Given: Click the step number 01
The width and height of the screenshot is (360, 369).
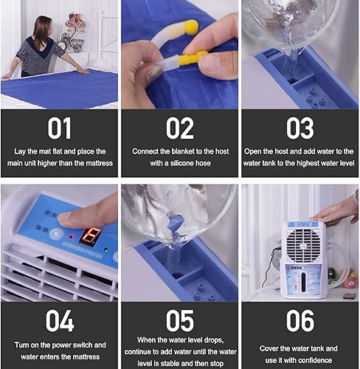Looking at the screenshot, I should point(59,128).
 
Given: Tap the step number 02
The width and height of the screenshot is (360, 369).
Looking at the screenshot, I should point(179,128).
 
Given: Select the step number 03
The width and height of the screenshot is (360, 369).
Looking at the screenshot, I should point(300,128).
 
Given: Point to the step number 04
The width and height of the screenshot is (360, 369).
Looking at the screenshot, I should point(59,320).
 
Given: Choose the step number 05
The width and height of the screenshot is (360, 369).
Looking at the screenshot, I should point(179,320).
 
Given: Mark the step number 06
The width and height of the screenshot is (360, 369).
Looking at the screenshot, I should point(300,320).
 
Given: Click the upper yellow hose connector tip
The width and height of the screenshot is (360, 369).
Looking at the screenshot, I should point(191,28).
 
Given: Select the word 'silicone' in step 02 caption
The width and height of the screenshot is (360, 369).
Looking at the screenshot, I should point(195,162).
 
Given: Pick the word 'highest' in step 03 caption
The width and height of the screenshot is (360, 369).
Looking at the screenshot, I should point(302,162).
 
